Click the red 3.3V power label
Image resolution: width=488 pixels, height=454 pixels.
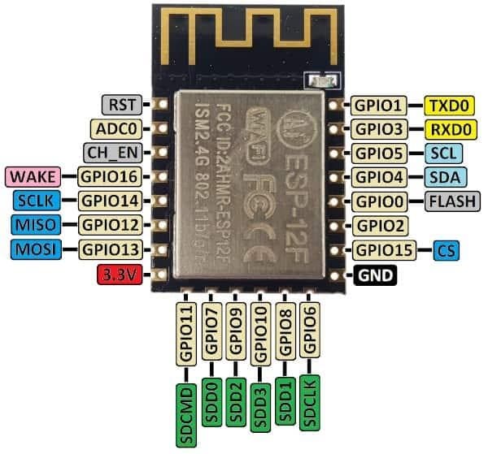click(x=118, y=274)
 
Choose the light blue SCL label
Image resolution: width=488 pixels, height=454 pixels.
click(x=444, y=153)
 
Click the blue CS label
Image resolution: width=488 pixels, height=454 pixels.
click(x=446, y=249)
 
